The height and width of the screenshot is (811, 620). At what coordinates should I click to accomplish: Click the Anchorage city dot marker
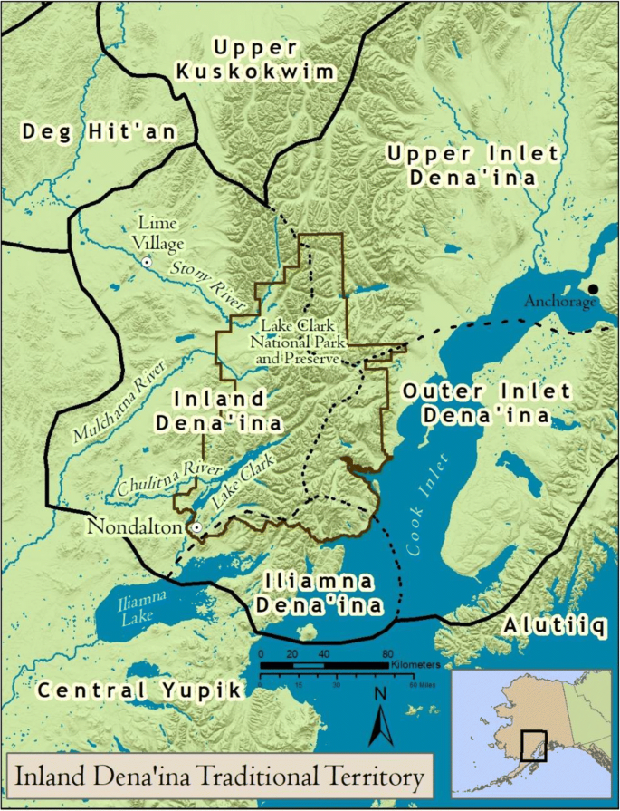pyautogui.click(x=593, y=289)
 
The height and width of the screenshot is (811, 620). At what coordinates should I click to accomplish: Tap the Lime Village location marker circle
pyautogui.click(x=145, y=261)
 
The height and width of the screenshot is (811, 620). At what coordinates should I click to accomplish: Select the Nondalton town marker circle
pyautogui.click(x=195, y=526)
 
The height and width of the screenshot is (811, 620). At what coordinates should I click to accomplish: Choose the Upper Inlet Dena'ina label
pyautogui.click(x=472, y=165)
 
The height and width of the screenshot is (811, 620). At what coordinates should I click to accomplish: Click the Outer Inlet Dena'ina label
pyautogui.click(x=487, y=403)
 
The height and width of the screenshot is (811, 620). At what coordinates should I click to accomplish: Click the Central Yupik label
pyautogui.click(x=140, y=690)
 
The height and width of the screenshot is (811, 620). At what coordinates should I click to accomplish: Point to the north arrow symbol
pyautogui.click(x=381, y=717)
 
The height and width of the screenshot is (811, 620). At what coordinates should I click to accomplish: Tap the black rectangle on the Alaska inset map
pyautogui.click(x=534, y=745)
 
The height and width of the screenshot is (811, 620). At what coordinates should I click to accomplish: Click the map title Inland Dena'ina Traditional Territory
pyautogui.click(x=217, y=777)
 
